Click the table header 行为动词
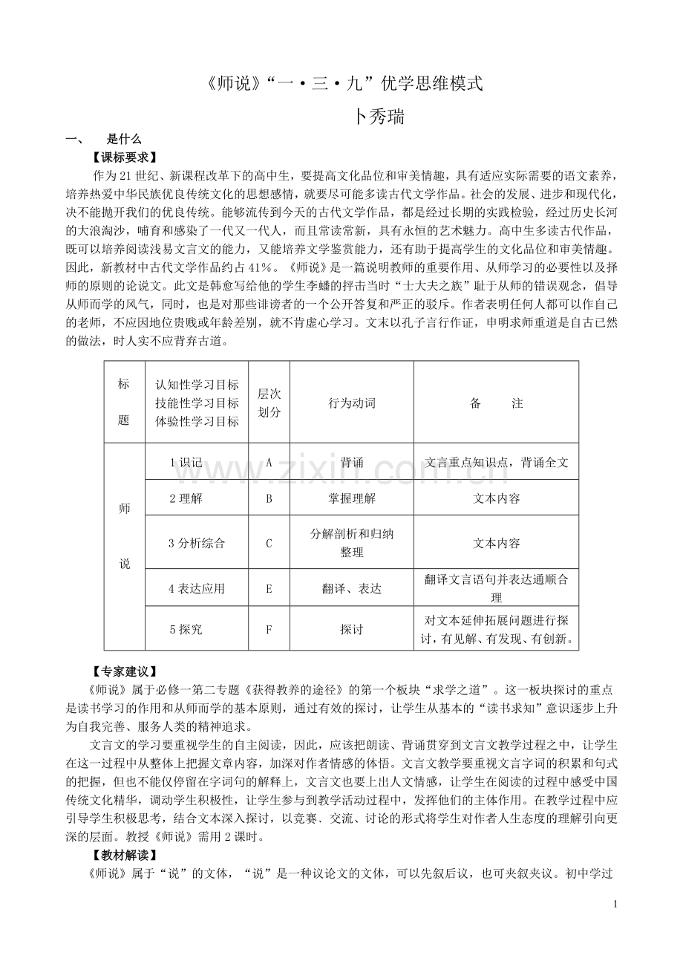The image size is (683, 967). click(x=352, y=403)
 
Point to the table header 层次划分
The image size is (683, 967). click(x=269, y=403)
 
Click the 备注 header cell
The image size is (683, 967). click(x=496, y=403)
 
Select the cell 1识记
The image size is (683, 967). click(x=186, y=462)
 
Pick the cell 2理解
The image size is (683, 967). click(x=186, y=498)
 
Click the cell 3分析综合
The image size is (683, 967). click(x=197, y=543)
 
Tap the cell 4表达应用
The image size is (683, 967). click(x=197, y=588)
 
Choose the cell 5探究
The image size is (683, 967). click(x=186, y=629)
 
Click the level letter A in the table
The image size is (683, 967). click(x=269, y=462)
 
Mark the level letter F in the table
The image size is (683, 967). click(x=269, y=629)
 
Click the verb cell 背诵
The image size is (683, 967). click(x=352, y=462)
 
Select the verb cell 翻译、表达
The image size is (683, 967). click(x=352, y=588)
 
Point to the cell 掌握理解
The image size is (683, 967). click(x=352, y=498)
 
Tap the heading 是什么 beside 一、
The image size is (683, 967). click(x=124, y=139)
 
